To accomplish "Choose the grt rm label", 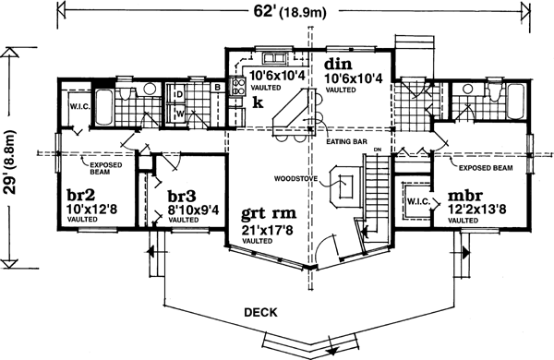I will pos(263,209).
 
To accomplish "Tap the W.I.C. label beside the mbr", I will pos(415,202).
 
